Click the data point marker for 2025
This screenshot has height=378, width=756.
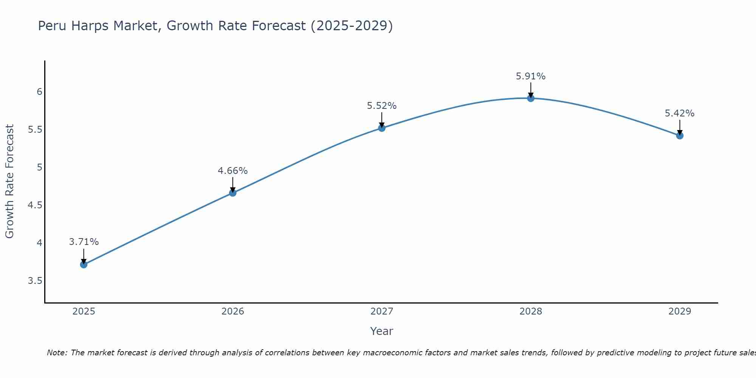[84, 265]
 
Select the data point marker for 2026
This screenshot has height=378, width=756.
[233, 193]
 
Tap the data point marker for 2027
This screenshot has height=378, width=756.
[382, 128]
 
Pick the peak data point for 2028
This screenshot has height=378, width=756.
[531, 98]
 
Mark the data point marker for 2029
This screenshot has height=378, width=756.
[680, 135]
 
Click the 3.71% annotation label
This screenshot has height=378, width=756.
[84, 242]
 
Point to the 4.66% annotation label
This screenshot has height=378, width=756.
[233, 171]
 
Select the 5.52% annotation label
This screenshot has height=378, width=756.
[382, 106]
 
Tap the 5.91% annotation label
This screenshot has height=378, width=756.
[531, 76]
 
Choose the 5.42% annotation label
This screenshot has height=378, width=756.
[680, 113]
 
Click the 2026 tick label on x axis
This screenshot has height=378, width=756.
[233, 311]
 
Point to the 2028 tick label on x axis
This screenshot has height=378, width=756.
[531, 311]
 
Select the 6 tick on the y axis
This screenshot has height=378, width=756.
[39, 92]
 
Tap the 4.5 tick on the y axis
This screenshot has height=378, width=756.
[35, 205]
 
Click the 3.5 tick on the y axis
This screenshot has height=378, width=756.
[35, 281]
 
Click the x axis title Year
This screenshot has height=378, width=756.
[382, 331]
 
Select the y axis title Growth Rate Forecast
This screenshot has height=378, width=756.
[10, 181]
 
